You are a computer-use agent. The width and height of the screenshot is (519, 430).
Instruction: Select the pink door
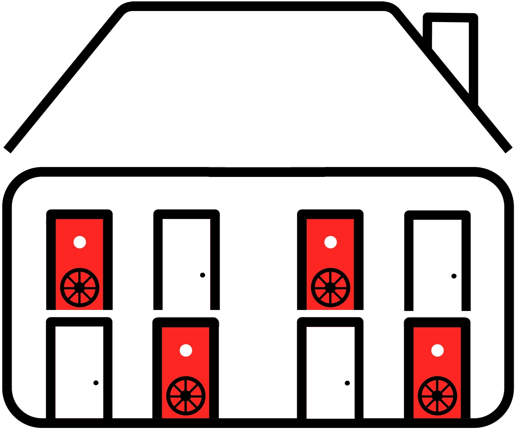[x=330, y=371]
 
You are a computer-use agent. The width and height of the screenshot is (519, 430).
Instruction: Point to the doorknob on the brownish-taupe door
[x=203, y=275]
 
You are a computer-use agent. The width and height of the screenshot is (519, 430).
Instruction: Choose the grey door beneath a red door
[x=79, y=371]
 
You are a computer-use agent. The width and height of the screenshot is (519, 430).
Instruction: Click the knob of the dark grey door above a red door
[x=454, y=276]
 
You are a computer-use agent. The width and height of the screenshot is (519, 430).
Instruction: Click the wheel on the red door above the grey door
[x=80, y=287]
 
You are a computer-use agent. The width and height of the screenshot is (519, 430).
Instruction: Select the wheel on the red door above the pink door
[x=330, y=287]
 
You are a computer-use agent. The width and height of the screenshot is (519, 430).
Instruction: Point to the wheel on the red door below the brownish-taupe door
[x=186, y=395]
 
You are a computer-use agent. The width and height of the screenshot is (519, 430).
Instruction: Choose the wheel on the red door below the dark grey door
[x=437, y=395]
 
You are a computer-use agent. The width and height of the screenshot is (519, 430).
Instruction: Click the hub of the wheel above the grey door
[x=80, y=287]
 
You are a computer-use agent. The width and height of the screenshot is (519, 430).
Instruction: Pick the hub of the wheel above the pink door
[x=330, y=287]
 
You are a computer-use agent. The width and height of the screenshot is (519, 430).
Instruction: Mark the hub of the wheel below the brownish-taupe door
[x=186, y=395]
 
